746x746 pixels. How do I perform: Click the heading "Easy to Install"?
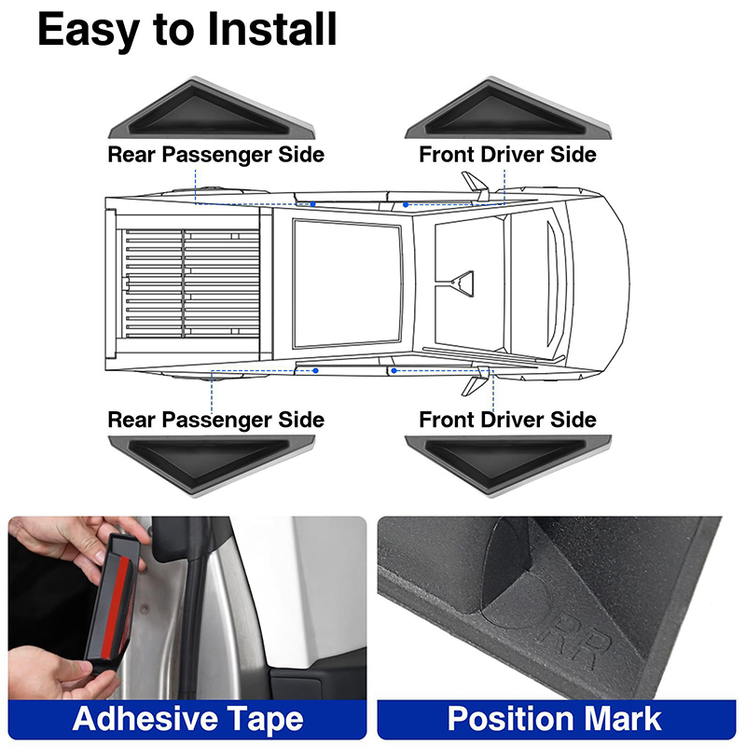[x=187, y=30]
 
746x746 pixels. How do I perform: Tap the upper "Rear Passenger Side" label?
[x=216, y=155]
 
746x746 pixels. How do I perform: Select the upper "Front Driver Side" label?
[x=507, y=155]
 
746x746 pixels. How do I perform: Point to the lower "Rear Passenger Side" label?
[x=216, y=420]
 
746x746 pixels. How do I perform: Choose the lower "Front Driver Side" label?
[x=507, y=420]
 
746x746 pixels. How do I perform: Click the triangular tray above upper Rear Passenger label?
[x=212, y=108]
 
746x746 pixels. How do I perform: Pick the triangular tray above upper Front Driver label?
[x=507, y=108]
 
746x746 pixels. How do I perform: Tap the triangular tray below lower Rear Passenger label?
[x=212, y=465]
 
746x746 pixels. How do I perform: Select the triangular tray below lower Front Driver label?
[x=507, y=465]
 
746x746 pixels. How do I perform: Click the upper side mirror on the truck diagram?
[x=476, y=186]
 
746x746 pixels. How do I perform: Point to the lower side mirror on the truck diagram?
[x=476, y=381]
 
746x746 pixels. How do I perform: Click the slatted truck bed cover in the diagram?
[x=190, y=283]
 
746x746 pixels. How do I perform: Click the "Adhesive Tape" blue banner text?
[x=188, y=719]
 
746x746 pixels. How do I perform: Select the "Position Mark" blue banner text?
[x=554, y=718]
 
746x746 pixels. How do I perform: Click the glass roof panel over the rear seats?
[x=348, y=283]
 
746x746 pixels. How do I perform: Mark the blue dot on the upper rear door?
[x=313, y=204]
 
